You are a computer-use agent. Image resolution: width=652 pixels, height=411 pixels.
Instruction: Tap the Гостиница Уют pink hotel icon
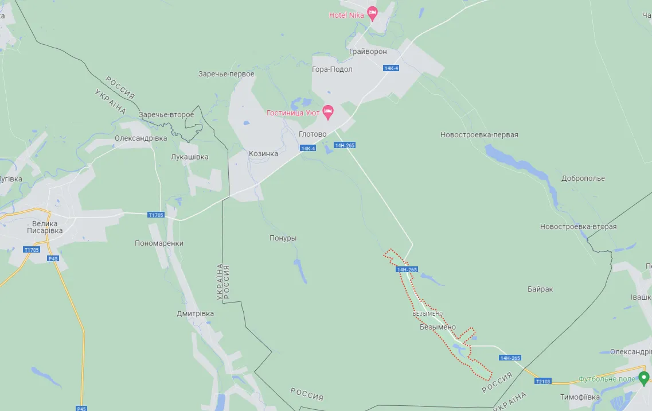click(328, 111)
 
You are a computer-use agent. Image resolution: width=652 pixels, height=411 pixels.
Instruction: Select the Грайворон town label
click(368, 52)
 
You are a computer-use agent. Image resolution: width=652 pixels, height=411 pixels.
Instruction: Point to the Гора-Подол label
click(332, 69)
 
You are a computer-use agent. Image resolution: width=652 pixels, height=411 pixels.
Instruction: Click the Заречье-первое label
click(226, 74)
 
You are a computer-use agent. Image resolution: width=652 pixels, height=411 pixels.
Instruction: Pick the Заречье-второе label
click(166, 115)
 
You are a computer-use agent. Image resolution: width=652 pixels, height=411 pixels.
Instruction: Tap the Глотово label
click(313, 134)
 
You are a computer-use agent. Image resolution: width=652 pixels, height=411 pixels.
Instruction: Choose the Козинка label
click(263, 154)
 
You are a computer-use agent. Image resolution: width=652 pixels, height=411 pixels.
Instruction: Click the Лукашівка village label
click(190, 157)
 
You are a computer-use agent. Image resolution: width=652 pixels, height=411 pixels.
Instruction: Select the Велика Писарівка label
click(45, 227)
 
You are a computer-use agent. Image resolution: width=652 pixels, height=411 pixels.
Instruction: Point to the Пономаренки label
click(159, 243)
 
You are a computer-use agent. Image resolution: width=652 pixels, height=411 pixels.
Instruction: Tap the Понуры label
click(283, 238)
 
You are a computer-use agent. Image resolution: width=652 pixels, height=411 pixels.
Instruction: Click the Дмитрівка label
click(195, 313)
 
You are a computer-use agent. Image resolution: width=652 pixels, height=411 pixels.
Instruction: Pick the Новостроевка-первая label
click(479, 135)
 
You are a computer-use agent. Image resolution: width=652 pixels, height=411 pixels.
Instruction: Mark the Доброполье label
click(583, 179)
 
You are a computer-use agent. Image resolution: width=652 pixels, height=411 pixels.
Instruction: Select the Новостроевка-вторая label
click(578, 227)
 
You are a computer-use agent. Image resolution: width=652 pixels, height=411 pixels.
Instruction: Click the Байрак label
click(540, 289)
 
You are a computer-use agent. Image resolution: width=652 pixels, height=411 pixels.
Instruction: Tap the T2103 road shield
click(542, 381)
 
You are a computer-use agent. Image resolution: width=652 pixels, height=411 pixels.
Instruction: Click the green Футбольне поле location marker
click(643, 378)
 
